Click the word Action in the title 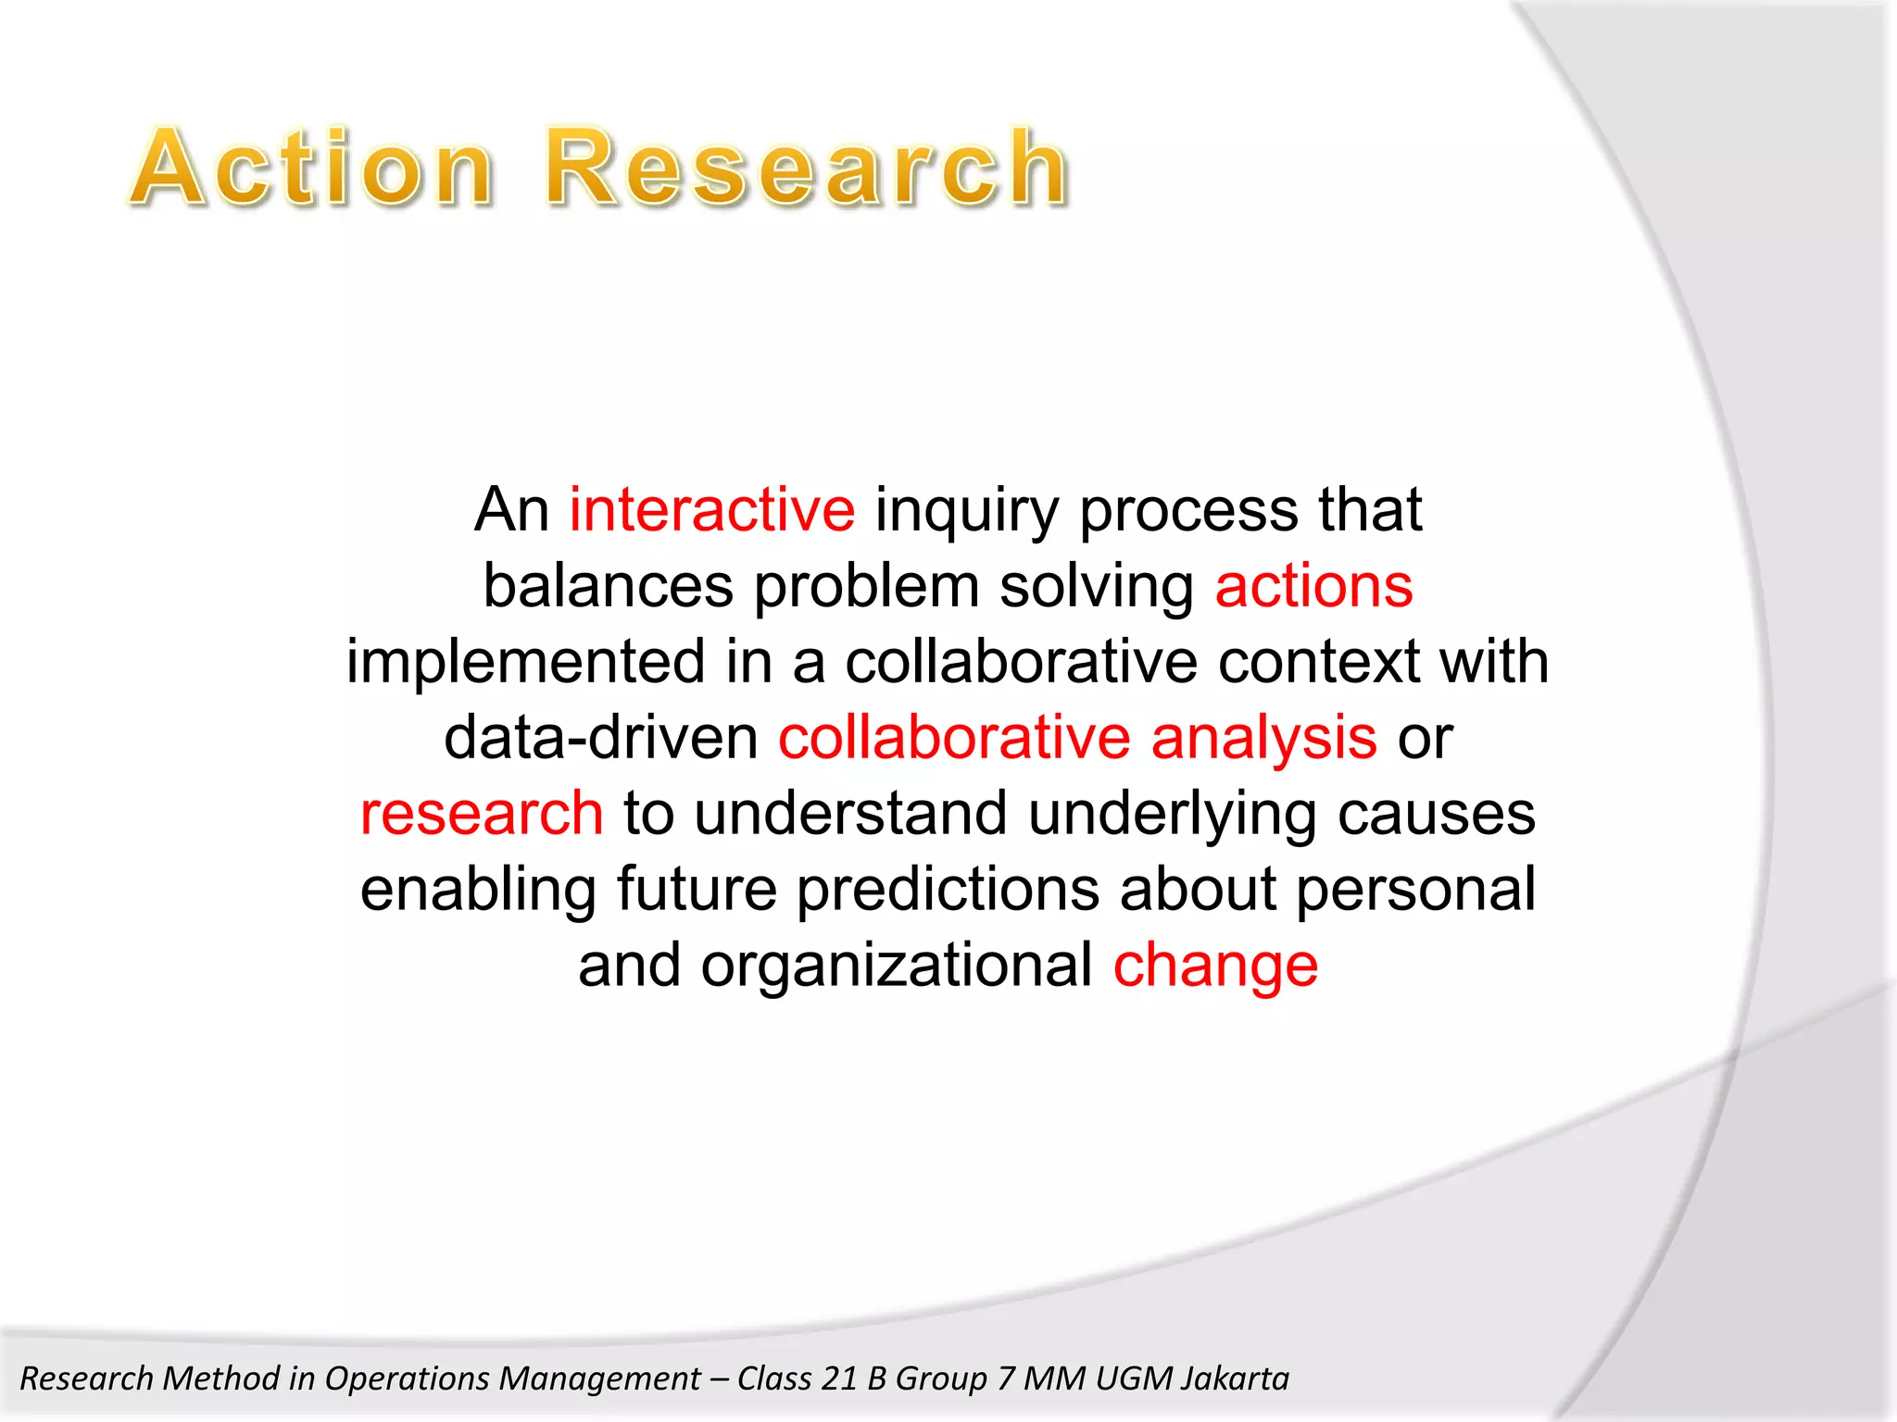(311, 168)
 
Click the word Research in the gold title (806, 168)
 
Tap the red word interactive (711, 510)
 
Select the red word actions (1313, 587)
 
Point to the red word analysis (1263, 739)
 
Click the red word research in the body (482, 815)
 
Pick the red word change (1215, 967)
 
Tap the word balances (609, 587)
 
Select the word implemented (525, 663)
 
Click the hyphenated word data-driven (601, 739)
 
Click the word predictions (948, 891)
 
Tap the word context (1318, 663)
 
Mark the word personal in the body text (1415, 891)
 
